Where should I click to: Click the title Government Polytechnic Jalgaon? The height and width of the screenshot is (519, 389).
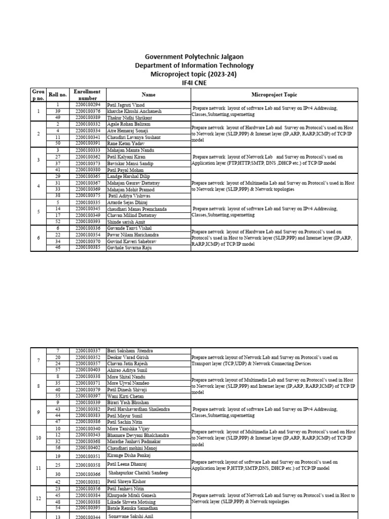(194, 57)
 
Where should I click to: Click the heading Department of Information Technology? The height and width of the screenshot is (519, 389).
(194, 65)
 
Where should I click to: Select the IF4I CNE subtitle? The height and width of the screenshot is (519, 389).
(194, 82)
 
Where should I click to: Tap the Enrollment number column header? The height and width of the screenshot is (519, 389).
(87, 94)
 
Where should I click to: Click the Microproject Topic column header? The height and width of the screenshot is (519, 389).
(274, 94)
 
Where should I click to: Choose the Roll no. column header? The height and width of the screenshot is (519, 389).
(57, 95)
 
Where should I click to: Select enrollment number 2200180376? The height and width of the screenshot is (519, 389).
(88, 111)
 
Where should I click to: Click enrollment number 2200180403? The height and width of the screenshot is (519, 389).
(88, 370)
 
